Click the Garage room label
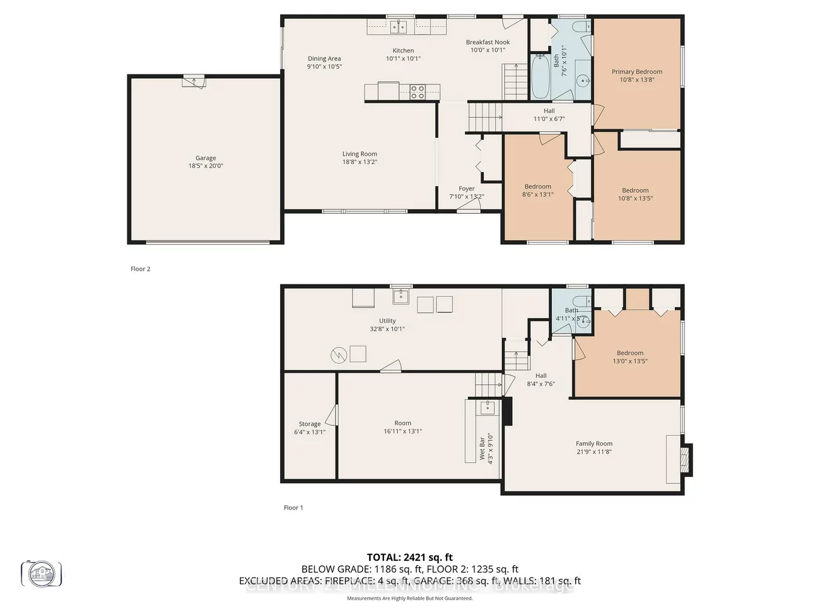click(206, 158)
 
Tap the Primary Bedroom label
click(636, 72)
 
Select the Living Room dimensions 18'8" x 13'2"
click(360, 162)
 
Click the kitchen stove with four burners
click(418, 92)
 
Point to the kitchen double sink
click(397, 26)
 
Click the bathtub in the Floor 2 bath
click(541, 77)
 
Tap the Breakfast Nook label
click(488, 42)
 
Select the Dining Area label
click(324, 59)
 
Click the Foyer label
click(466, 189)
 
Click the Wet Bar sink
click(486, 407)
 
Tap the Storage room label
click(310, 424)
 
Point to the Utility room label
click(387, 321)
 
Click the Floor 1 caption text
click(293, 508)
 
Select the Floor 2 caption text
click(141, 269)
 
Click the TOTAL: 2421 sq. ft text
click(410, 557)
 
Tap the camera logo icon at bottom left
click(42, 573)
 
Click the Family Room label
click(594, 443)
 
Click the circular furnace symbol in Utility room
click(339, 356)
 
